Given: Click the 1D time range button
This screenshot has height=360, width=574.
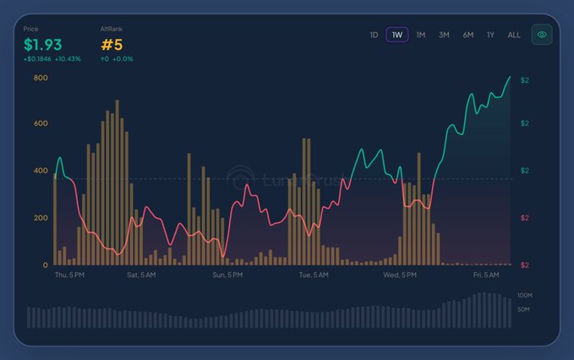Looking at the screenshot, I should [374, 35].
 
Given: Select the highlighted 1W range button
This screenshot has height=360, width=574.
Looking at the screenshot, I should [397, 35].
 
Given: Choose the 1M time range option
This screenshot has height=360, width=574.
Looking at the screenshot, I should [420, 35].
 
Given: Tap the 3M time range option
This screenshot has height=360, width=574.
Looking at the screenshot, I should [444, 35].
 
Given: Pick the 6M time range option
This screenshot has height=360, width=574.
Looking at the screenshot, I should [467, 35].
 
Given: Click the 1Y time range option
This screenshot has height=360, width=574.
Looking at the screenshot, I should [490, 35].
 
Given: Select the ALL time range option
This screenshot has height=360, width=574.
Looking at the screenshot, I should [514, 35].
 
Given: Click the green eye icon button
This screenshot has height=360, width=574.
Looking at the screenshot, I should [542, 35].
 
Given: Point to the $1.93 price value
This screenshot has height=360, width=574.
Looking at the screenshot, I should [43, 44].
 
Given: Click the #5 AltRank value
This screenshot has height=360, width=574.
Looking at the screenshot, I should [112, 44].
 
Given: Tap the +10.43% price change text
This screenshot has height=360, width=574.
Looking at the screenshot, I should [68, 58].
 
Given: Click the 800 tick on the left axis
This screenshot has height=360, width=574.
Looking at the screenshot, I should [41, 78].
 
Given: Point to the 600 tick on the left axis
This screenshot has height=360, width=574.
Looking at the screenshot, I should [41, 123].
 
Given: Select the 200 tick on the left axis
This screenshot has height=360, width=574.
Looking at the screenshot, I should [41, 218].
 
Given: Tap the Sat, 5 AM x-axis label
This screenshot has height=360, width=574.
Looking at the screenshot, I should [142, 275].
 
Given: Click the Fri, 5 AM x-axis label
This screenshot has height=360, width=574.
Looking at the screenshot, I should [487, 275].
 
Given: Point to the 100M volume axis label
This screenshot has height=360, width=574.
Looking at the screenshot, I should [525, 295].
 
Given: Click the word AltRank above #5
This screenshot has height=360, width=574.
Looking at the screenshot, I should [111, 29].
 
